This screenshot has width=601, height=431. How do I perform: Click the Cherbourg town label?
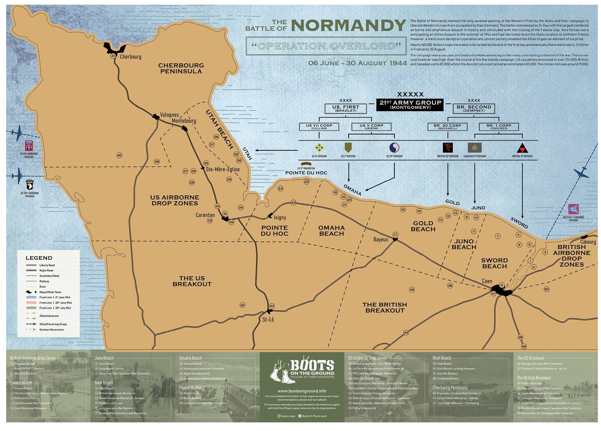tap(131, 57)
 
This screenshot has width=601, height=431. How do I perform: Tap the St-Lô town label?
tap(268, 320)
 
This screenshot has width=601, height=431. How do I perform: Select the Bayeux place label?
tap(381, 240)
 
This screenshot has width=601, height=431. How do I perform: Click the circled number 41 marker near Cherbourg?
tap(113, 56)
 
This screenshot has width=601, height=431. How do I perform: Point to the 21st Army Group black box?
tap(410, 104)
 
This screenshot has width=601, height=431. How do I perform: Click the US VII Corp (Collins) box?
tap(319, 126)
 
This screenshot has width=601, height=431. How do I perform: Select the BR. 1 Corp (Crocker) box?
tap(498, 126)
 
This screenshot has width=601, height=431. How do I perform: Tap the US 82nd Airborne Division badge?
tap(29, 146)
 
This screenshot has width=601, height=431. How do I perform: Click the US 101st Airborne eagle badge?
tap(30, 185)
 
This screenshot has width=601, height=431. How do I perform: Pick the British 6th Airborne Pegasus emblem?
tap(573, 209)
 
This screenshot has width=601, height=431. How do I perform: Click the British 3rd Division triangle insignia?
tap(522, 148)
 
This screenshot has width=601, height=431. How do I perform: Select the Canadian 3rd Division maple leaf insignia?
tap(475, 148)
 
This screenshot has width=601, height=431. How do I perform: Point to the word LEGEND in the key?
tap(39, 258)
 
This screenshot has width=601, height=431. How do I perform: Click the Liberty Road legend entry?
tap(47, 265)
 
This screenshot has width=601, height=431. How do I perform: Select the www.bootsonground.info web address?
tap(302, 391)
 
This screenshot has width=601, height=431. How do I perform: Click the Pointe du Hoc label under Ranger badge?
tap(306, 173)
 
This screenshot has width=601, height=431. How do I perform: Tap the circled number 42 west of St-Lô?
tap(243, 305)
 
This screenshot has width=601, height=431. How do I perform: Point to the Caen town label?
tap(487, 281)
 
